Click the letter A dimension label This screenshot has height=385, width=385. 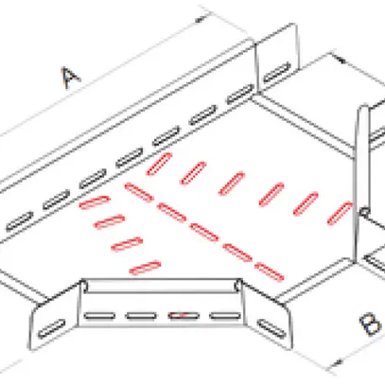(x=71, y=78)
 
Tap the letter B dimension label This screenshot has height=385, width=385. (x=371, y=324)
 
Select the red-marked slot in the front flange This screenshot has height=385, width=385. (x=184, y=315)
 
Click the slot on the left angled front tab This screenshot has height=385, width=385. (x=52, y=328)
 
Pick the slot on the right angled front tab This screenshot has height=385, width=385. (x=271, y=329)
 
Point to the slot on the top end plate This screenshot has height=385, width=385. (x=277, y=72)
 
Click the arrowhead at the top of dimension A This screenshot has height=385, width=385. (x=200, y=20)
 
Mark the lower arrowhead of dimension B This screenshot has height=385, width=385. (x=338, y=362)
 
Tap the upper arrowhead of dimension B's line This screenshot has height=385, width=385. (x=341, y=59)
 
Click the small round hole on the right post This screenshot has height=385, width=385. (x=364, y=212)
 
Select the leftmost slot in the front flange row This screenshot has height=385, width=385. (x=99, y=315)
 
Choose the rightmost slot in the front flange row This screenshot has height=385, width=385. (x=225, y=315)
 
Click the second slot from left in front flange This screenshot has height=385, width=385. (x=141, y=315)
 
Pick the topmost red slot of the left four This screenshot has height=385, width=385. (x=95, y=202)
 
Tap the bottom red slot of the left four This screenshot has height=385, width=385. (x=145, y=268)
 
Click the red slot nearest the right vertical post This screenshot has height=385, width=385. (x=340, y=214)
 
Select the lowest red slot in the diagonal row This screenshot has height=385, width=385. (x=270, y=271)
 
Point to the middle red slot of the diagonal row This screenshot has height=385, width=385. (x=204, y=232)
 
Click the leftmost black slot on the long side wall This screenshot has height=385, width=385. (x=20, y=221)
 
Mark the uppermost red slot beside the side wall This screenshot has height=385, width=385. (x=159, y=164)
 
